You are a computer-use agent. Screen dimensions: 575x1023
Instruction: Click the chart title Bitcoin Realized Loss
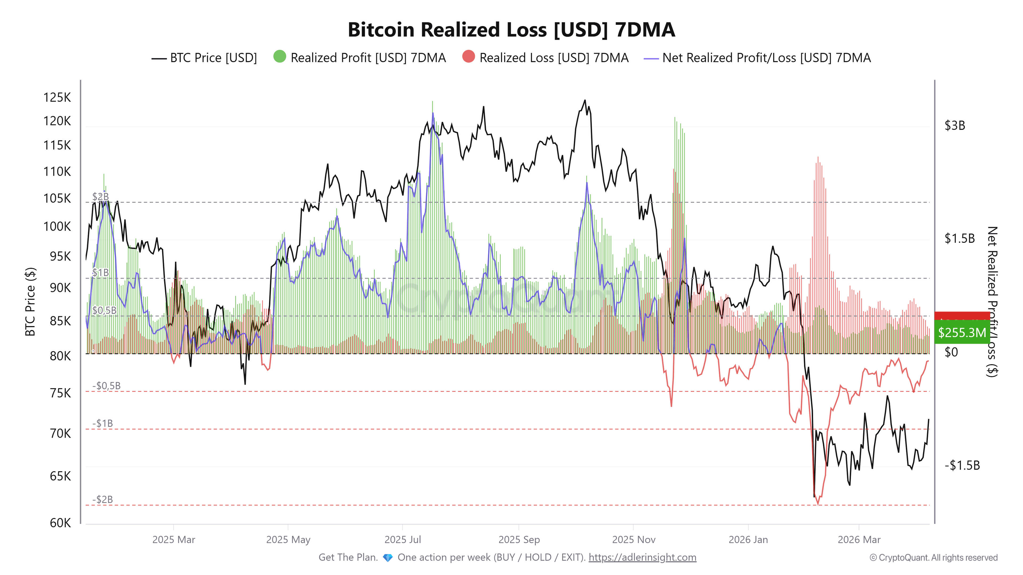pos(511,30)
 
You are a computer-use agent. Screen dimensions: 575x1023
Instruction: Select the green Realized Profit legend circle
pos(279,57)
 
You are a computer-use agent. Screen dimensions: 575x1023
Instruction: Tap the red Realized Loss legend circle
pos(469,57)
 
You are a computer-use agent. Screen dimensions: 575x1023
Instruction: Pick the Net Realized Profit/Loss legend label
pos(766,58)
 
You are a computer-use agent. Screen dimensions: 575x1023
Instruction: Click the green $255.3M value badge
pos(962,332)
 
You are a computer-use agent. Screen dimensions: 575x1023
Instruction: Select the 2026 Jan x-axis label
pos(748,540)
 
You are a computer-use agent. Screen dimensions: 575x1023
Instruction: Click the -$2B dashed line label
pos(103,499)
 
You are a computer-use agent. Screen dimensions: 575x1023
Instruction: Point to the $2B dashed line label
pos(100,196)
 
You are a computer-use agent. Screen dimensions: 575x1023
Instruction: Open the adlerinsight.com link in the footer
pos(642,557)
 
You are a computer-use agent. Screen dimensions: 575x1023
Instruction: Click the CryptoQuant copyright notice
pos(933,557)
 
